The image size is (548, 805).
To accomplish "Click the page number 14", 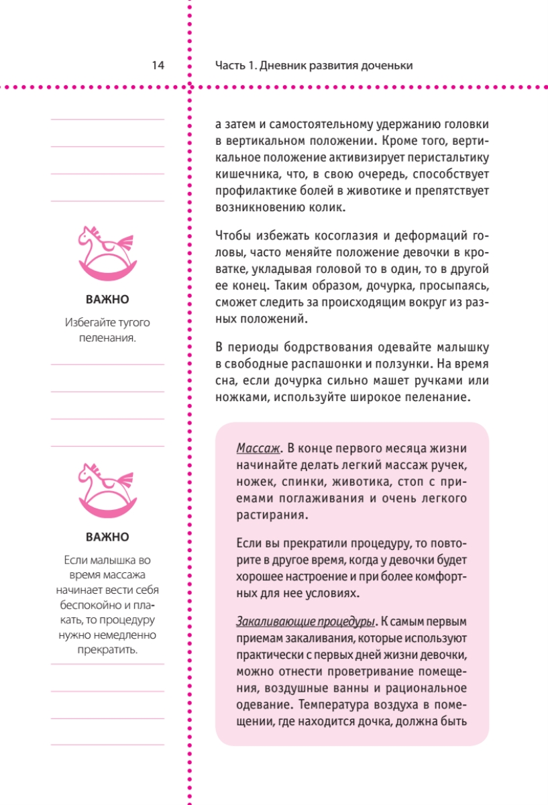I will coord(158,65).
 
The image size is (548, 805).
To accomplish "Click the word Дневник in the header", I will coord(282,65).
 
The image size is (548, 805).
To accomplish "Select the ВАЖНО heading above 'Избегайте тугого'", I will coord(107,299).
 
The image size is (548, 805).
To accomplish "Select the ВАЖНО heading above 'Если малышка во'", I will coord(107,537).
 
